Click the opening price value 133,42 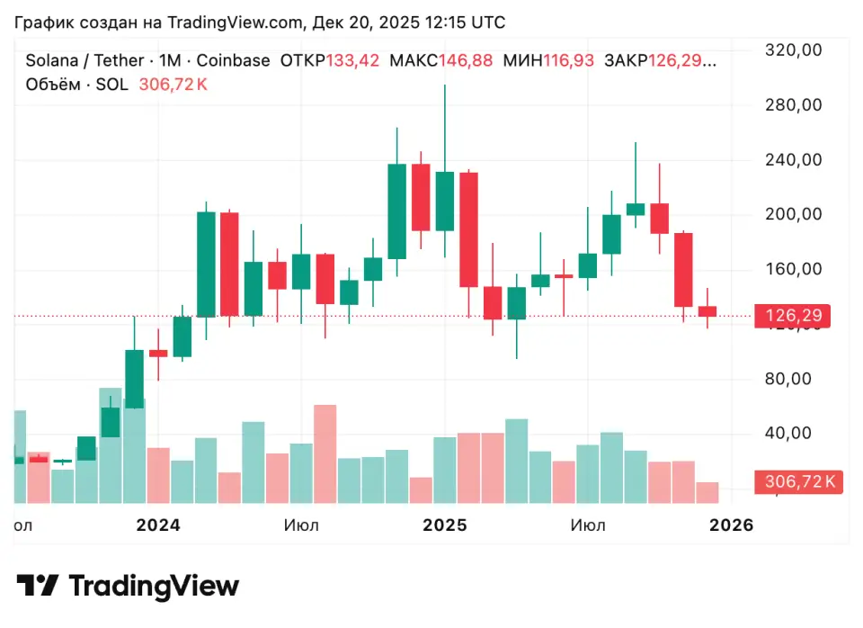tap(352, 61)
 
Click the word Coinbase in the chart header tap(233, 61)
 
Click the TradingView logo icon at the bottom tap(38, 587)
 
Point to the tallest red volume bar tap(325, 453)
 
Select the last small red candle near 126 tap(707, 311)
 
